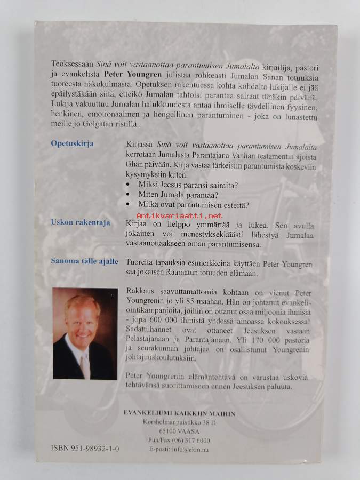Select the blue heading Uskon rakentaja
pyautogui.click(x=81, y=222)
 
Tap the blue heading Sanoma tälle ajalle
pyautogui.click(x=85, y=262)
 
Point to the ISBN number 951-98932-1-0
pyautogui.click(x=86, y=450)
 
